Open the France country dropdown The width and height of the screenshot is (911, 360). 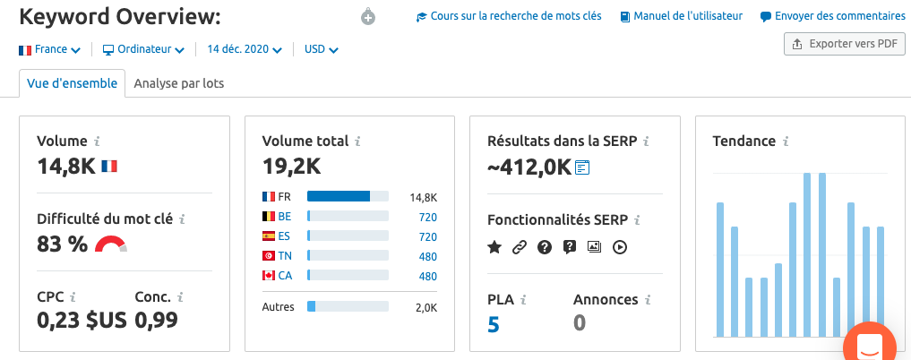coord(49,49)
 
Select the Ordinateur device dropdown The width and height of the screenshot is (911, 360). coord(143,49)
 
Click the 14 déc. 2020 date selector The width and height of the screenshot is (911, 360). coord(245,49)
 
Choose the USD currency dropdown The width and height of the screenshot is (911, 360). coord(322,49)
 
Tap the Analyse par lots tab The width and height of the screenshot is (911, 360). coord(179,83)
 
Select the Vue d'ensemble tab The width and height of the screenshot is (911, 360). coord(72,83)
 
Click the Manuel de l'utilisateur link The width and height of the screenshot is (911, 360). coord(682,16)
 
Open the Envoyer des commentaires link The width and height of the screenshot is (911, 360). coord(832,16)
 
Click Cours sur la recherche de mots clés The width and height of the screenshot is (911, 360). coord(509,16)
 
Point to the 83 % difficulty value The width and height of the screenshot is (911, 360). coord(62,244)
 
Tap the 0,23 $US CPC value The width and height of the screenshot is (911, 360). coord(82,320)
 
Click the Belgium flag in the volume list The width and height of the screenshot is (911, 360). coord(269,217)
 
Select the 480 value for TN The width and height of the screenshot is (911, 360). coord(427,257)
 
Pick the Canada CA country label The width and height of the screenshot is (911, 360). coord(285,276)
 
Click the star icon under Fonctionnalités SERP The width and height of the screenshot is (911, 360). coord(494,247)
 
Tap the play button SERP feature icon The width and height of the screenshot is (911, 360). coord(620,247)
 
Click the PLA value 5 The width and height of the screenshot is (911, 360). coord(494,324)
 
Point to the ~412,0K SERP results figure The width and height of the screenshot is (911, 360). coord(529,167)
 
